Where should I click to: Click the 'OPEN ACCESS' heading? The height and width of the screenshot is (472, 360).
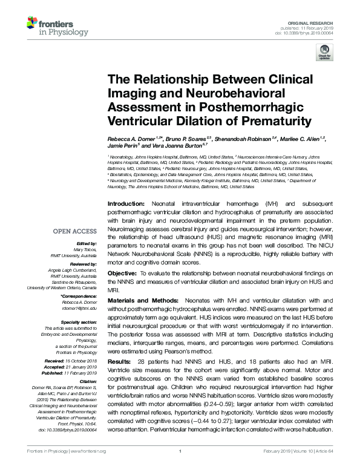[76, 231]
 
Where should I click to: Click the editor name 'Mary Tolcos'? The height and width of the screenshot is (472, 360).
[85, 249]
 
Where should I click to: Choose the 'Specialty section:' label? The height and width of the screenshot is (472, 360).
[80, 323]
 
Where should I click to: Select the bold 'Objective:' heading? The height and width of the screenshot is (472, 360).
[119, 274]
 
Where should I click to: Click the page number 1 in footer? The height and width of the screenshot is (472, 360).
[180, 468]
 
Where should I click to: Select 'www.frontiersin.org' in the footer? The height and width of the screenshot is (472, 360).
[88, 468]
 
